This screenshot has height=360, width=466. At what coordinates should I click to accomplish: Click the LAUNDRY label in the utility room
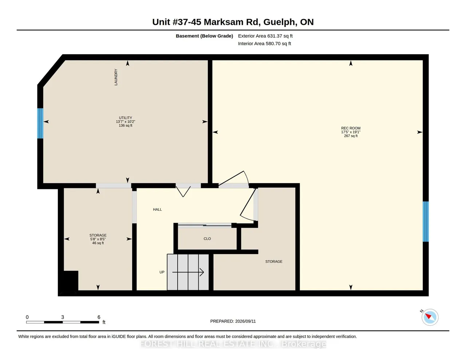coord(116,77)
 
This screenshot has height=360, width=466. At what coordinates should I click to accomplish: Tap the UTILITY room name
coord(126,118)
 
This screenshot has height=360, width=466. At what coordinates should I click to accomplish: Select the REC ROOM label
coord(351,128)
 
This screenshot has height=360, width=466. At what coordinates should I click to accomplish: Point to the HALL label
coord(157,209)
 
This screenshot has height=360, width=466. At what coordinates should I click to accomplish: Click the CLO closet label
coord(207,239)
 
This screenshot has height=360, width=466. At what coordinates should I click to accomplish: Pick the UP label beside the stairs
coord(162,272)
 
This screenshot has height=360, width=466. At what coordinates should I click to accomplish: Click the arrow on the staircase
coord(188,272)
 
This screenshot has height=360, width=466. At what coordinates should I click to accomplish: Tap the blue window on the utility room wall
coord(40,123)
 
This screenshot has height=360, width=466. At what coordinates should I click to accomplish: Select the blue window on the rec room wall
coord(426,221)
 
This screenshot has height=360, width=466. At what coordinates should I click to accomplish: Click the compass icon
coord(430,317)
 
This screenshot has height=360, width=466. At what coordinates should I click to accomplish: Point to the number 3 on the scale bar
coord(62,317)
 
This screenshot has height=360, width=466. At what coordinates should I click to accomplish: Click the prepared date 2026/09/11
coord(245,321)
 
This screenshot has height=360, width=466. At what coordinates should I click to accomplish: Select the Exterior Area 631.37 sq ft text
coord(265,36)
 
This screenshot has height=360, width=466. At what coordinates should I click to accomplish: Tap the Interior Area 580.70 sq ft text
coord(264,44)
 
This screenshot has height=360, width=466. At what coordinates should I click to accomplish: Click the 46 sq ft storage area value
coord(98,243)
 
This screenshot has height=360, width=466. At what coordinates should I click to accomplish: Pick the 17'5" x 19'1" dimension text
coord(351,132)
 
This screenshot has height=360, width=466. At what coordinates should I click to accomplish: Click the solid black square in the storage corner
coord(71,281)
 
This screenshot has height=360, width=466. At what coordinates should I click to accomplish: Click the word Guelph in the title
coord(279,22)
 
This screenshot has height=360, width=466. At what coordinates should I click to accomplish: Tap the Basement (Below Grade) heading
coord(204,36)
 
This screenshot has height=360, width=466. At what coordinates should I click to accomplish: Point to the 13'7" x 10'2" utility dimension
coord(126,122)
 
